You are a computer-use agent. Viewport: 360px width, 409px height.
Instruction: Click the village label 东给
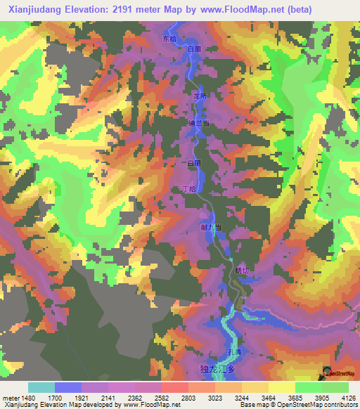[169, 39]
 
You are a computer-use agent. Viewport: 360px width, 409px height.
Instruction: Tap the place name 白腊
[194, 48]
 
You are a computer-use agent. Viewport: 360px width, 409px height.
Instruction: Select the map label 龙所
[199, 96]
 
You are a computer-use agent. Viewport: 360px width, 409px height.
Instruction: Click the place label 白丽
[193, 163]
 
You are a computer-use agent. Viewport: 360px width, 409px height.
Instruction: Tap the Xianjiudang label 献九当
[212, 227]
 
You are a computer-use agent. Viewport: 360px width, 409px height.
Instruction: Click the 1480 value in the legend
[22, 397]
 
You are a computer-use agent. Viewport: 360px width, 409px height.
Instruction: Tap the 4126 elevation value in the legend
[347, 397]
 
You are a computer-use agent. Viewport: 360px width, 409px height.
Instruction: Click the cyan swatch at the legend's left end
[41, 387]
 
